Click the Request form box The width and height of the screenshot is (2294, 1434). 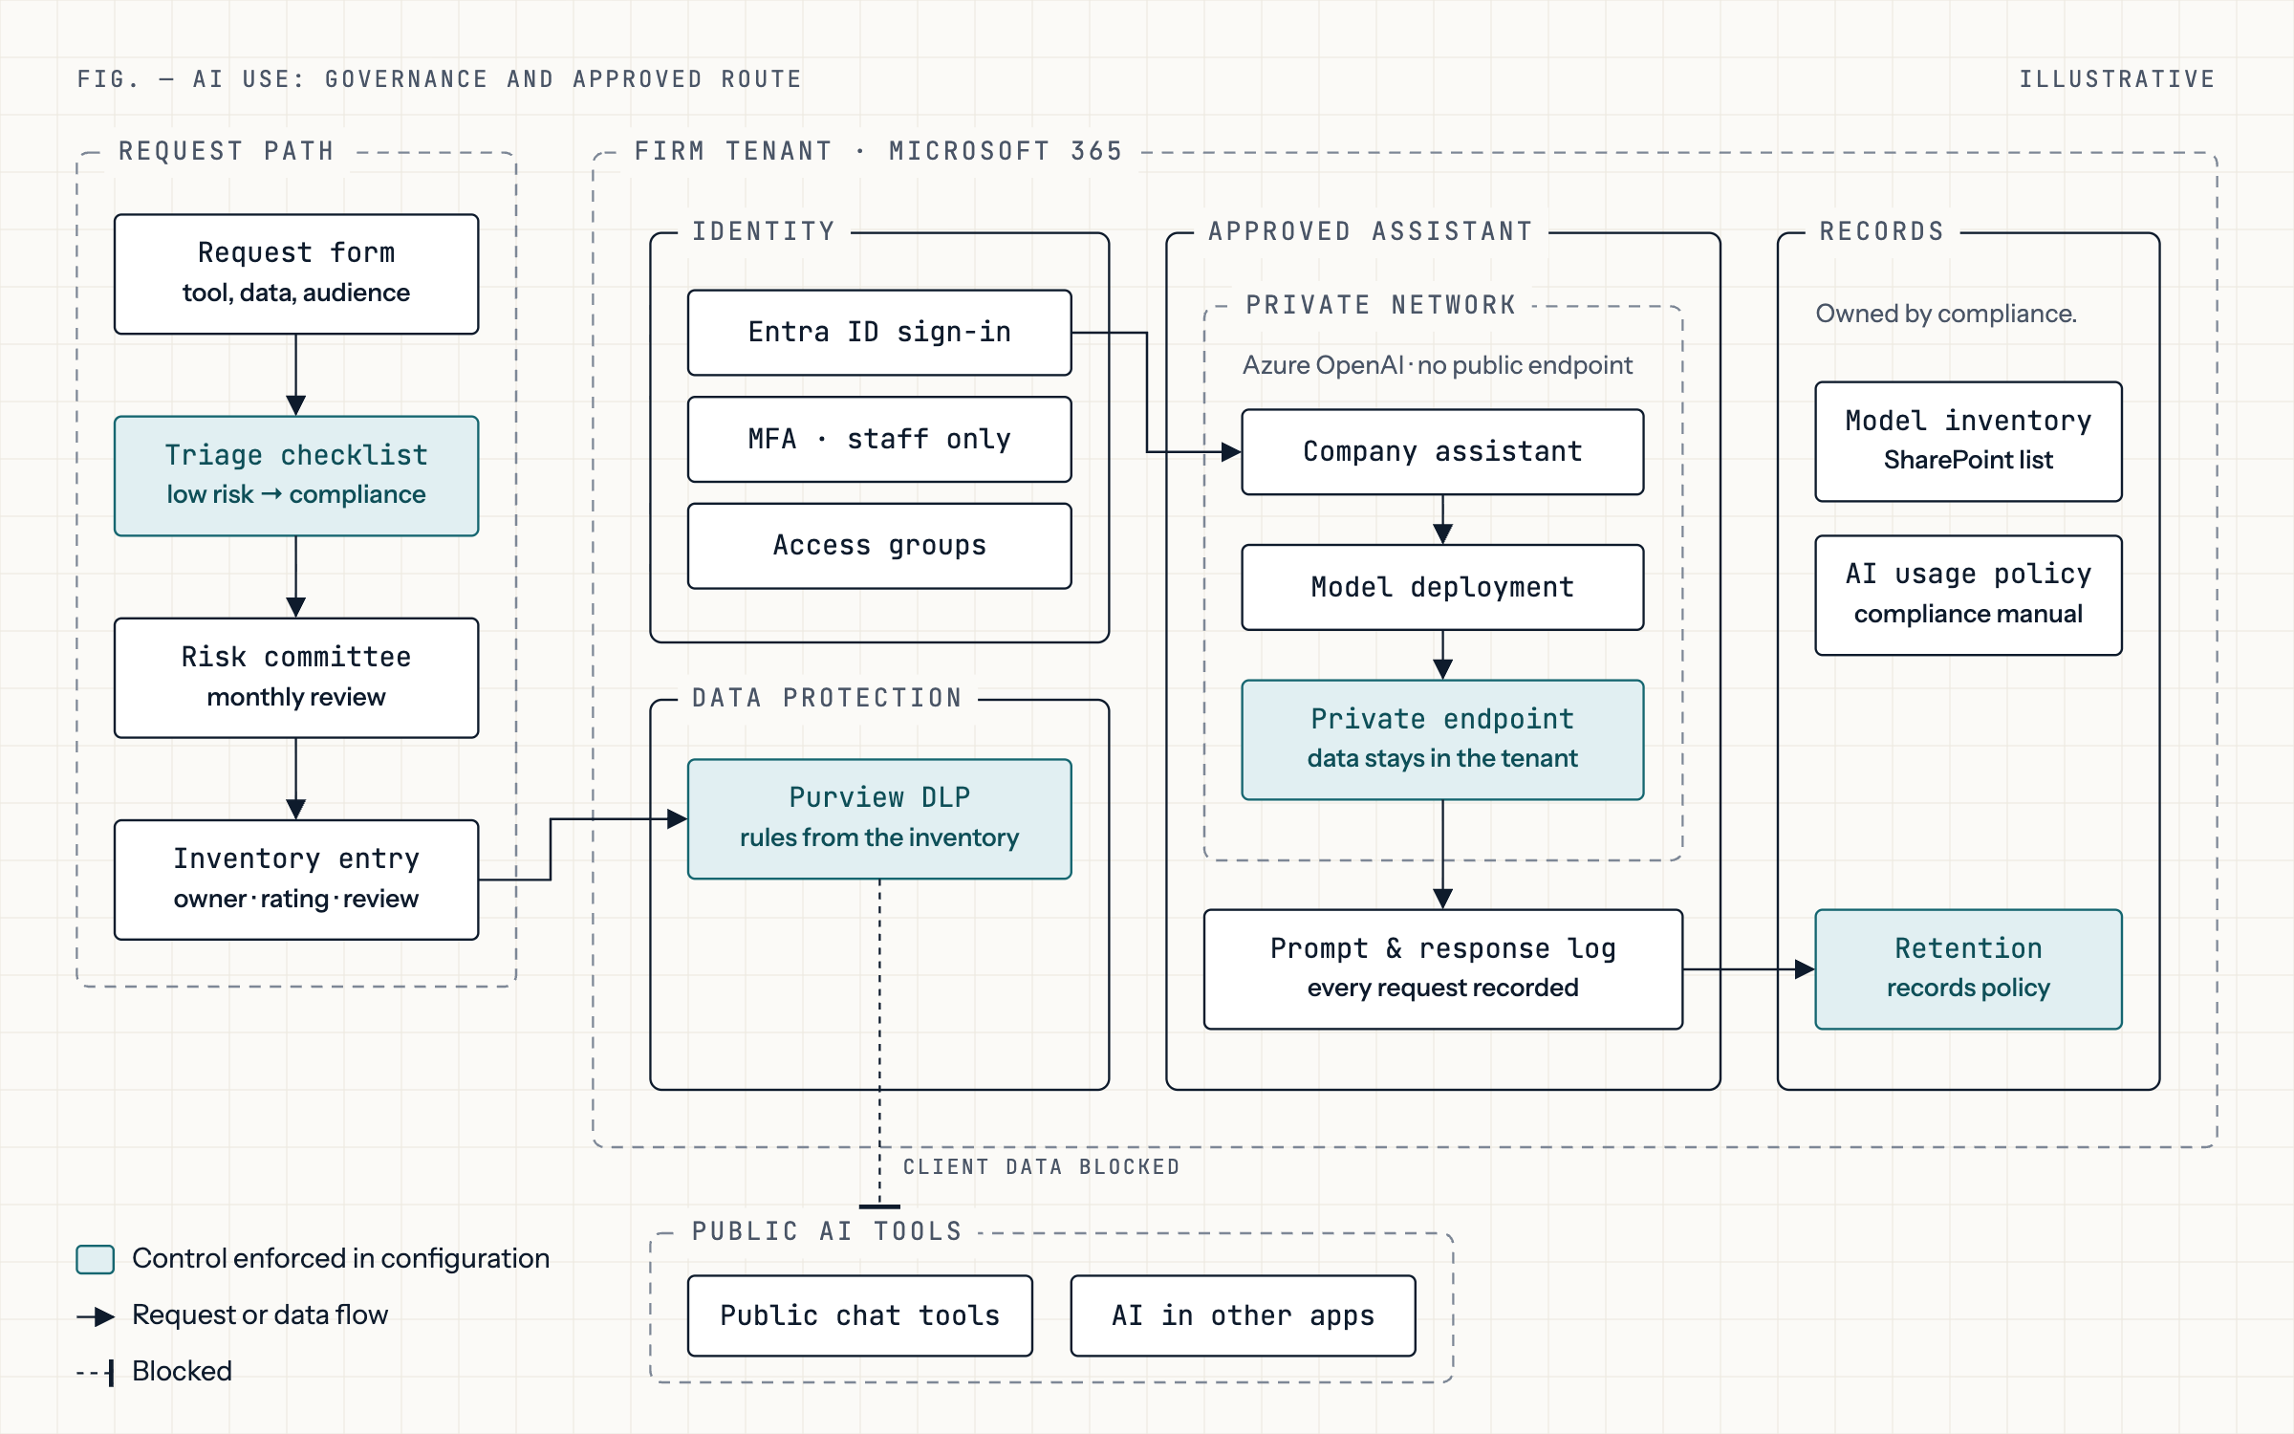[x=296, y=274]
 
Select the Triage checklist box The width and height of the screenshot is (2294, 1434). [x=296, y=476]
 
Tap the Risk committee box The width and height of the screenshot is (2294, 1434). [x=296, y=678]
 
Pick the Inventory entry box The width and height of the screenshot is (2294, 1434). [x=296, y=880]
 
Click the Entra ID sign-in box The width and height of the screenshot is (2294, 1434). [x=879, y=333]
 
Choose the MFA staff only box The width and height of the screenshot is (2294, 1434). [x=879, y=440]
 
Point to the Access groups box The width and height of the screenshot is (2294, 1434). [x=879, y=546]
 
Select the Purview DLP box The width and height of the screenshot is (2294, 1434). [x=879, y=818]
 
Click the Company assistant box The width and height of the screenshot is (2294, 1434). [x=1442, y=452]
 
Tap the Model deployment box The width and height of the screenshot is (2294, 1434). [x=1442, y=587]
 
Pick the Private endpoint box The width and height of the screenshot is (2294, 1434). [x=1442, y=739]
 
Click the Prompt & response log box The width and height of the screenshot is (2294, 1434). [x=1442, y=968]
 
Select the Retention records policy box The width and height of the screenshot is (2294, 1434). [x=1968, y=968]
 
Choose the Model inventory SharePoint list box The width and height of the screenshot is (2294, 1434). [x=1968, y=442]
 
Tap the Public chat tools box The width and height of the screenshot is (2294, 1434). [x=859, y=1315]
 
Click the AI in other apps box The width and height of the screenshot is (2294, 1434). [x=1243, y=1315]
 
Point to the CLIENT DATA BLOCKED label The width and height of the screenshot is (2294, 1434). [x=1041, y=1167]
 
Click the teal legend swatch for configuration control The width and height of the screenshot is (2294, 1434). [x=96, y=1259]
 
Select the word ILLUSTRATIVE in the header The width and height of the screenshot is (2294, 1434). [x=2117, y=79]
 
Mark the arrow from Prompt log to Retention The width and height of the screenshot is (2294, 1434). [x=1749, y=969]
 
